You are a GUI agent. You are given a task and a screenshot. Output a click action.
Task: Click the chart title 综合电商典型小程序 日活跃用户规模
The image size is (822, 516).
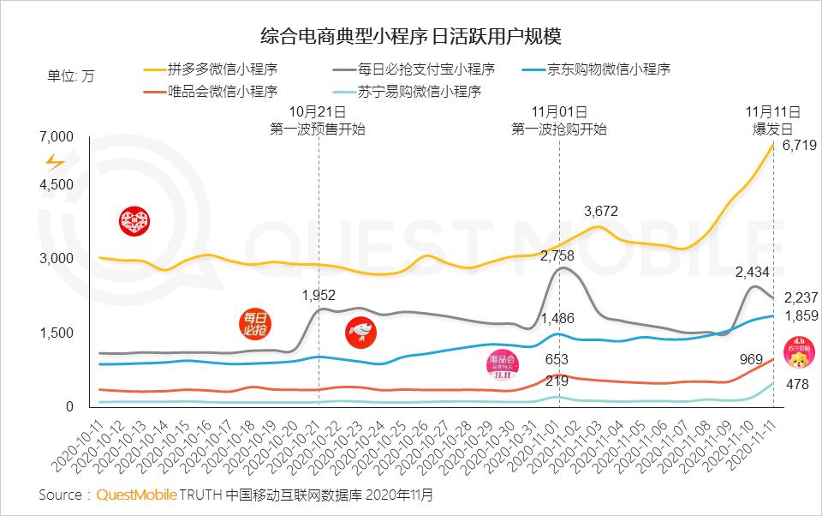pyautogui.click(x=411, y=37)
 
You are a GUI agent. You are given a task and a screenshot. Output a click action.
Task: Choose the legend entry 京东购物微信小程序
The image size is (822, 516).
pyautogui.click(x=608, y=69)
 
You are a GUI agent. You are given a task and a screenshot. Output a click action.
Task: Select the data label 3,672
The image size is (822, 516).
pyautogui.click(x=600, y=211)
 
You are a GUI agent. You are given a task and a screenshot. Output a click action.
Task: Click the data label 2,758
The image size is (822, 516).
pyautogui.click(x=557, y=255)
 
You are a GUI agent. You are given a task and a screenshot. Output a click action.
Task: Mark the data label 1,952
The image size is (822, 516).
pyautogui.click(x=319, y=295)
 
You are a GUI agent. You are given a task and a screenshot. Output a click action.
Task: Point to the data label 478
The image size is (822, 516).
pyautogui.click(x=796, y=385)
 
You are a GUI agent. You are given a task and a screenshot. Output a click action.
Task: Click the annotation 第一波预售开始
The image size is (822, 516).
pyautogui.click(x=318, y=129)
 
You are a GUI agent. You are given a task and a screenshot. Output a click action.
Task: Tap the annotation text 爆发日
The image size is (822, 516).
pyautogui.click(x=772, y=129)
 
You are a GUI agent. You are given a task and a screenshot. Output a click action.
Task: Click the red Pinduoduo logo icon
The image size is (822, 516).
pyautogui.click(x=133, y=220)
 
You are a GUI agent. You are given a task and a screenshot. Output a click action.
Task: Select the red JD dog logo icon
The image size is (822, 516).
pyautogui.click(x=360, y=333)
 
